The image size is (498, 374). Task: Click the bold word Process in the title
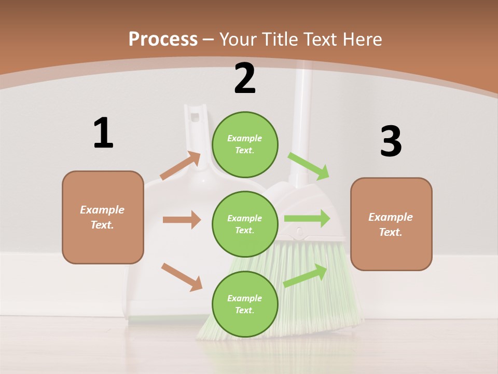click(163, 39)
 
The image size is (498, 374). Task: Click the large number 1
click(103, 133)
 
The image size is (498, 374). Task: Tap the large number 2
click(245, 78)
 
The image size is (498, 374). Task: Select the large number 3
click(391, 141)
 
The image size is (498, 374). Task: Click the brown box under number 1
click(103, 217)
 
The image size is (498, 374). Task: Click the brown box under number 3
click(391, 224)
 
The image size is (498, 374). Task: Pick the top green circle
click(245, 144)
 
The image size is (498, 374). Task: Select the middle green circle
click(245, 224)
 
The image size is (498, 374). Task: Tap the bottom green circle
click(245, 304)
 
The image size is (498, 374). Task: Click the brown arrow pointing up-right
click(181, 166)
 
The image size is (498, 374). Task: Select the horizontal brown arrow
click(182, 220)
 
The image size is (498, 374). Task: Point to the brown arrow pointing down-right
click(182, 277)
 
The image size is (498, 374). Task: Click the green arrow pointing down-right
click(309, 166)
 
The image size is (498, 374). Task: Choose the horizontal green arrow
click(307, 218)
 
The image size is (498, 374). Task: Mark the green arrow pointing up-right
click(306, 276)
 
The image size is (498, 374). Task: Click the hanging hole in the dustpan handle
click(196, 115)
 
